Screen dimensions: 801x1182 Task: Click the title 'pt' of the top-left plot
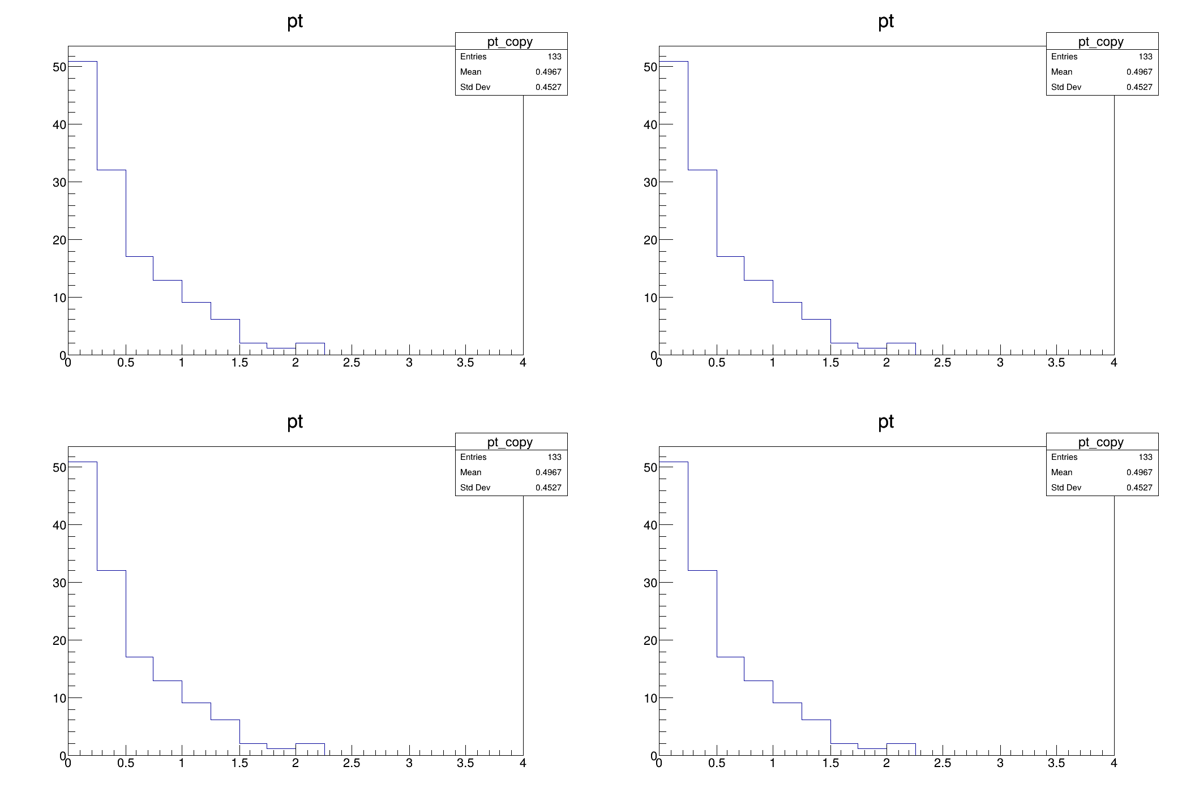pyautogui.click(x=295, y=21)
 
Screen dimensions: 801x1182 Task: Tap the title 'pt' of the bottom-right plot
pyautogui.click(x=886, y=422)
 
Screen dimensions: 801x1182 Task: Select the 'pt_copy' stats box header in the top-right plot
pyautogui.click(x=1101, y=41)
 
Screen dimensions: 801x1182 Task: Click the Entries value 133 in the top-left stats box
pyautogui.click(x=554, y=57)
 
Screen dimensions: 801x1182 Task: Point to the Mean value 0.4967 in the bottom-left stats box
pyautogui.click(x=548, y=472)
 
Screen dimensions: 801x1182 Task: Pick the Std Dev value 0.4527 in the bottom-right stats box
pyautogui.click(x=1139, y=488)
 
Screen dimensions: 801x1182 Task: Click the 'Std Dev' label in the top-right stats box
pyautogui.click(x=1066, y=87)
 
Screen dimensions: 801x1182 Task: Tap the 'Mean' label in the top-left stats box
pyautogui.click(x=470, y=72)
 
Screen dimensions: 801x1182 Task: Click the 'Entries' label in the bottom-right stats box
pyautogui.click(x=1064, y=457)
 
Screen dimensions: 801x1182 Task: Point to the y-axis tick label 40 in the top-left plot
pyautogui.click(x=59, y=124)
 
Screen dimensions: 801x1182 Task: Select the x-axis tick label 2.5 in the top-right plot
pyautogui.click(x=943, y=363)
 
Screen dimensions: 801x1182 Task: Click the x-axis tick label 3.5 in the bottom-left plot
pyautogui.click(x=465, y=763)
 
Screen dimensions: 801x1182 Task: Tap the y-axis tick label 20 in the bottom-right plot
pyautogui.click(x=650, y=640)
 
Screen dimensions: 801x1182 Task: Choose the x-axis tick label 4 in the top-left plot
pyautogui.click(x=523, y=363)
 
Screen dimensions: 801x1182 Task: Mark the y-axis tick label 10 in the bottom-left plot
pyautogui.click(x=59, y=698)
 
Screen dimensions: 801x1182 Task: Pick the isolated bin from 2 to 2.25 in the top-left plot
pyautogui.click(x=310, y=349)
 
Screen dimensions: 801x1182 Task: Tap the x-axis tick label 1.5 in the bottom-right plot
pyautogui.click(x=830, y=763)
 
